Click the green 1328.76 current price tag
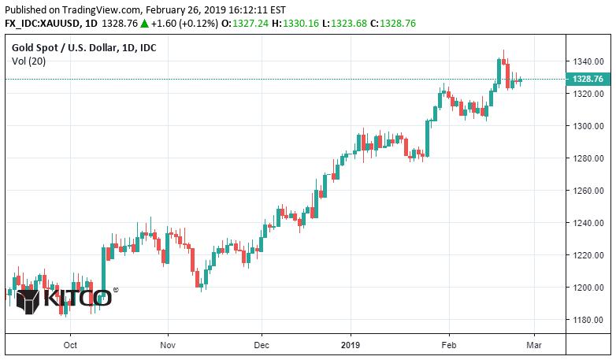pos(588,79)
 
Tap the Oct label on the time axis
pos(70,344)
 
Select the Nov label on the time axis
pos(166,344)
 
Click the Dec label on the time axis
pos(262,344)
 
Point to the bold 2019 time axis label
pos(351,344)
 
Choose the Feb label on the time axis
pos(447,344)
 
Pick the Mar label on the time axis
pos(534,344)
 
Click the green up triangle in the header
pos(145,24)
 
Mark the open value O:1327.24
pos(241,24)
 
